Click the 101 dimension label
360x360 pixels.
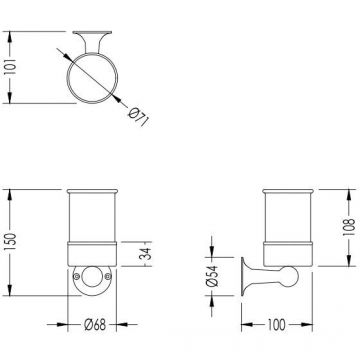[x=11, y=67]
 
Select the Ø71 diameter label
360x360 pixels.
[x=139, y=117]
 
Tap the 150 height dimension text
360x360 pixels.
[x=11, y=242]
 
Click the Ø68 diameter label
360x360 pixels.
[x=95, y=324]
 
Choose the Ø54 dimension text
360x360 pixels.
[x=212, y=276]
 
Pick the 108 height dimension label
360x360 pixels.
[x=349, y=228]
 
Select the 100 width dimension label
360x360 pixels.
[x=276, y=325]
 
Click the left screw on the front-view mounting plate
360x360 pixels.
[x=77, y=276]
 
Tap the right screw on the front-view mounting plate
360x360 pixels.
[x=107, y=276]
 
